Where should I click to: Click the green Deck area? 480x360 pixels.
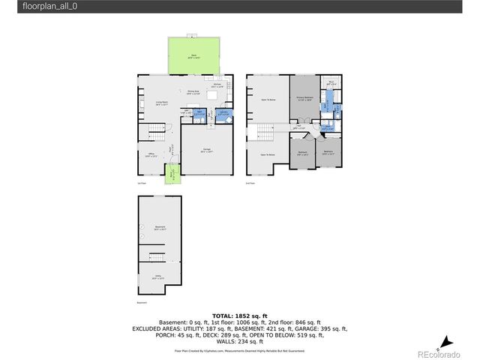tap(193, 55)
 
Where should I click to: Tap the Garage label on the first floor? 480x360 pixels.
tap(205, 150)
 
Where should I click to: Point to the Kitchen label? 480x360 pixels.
tap(217, 85)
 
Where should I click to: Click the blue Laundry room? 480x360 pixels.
tap(223, 114)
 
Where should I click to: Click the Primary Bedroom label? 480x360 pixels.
tap(304, 97)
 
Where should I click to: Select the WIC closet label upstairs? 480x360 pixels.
tap(331, 83)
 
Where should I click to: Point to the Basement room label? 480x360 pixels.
tap(160, 227)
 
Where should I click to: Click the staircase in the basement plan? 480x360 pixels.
tap(157, 258)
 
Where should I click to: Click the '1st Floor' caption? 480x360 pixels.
tap(142, 182)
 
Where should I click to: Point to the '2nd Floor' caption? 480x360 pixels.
tap(250, 182)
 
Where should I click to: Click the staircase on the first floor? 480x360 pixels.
tap(156, 133)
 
